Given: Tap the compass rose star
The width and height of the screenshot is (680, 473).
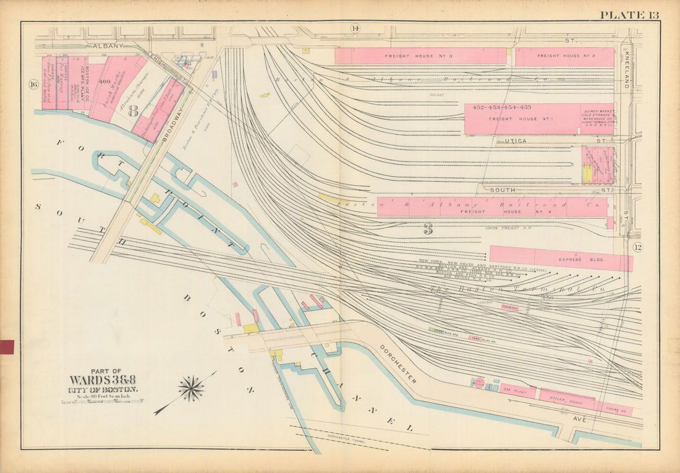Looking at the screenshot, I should click(191, 388).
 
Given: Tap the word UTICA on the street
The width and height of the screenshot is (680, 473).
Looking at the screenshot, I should click(514, 142).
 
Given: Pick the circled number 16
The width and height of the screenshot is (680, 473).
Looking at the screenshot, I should click(33, 84).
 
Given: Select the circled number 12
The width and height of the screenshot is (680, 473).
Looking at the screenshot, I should click(639, 248).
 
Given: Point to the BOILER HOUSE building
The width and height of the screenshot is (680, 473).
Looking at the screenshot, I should click(567, 398).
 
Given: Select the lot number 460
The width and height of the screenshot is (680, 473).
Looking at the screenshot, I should click(103, 81).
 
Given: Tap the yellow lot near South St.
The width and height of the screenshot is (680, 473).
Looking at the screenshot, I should click(587, 173).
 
